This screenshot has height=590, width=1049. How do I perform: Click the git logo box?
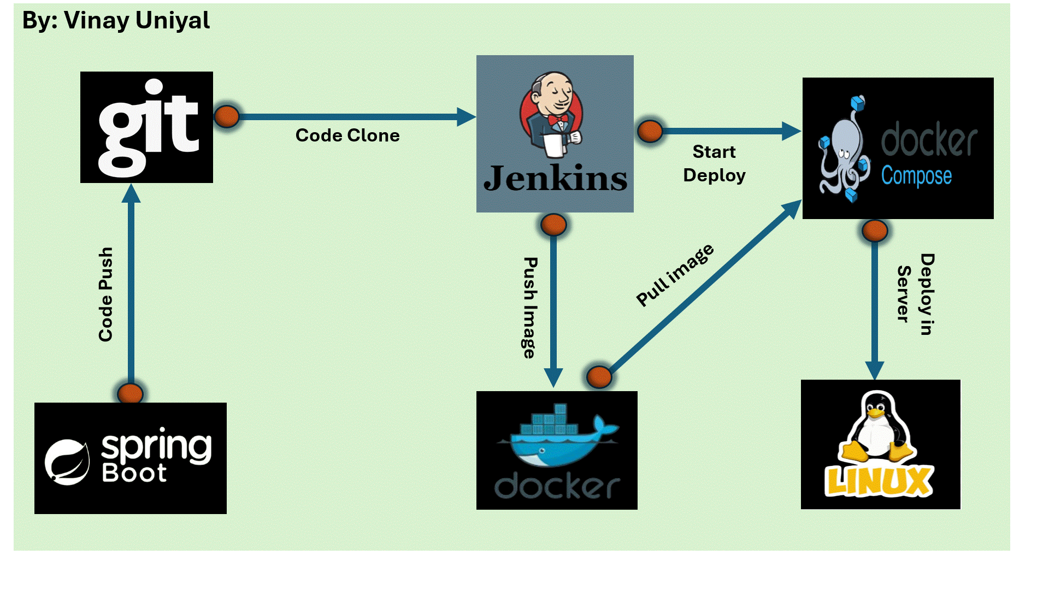[x=146, y=127]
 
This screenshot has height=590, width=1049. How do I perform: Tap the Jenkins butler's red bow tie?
[x=558, y=119]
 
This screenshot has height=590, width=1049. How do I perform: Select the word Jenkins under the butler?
[x=555, y=179]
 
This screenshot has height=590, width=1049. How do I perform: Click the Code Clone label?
[x=347, y=135]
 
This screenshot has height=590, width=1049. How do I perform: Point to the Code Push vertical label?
[x=105, y=294]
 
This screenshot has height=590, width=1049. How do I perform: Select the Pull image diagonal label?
[x=675, y=275]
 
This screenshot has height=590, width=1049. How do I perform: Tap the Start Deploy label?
[x=714, y=163]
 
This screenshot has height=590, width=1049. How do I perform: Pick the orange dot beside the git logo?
[x=226, y=116]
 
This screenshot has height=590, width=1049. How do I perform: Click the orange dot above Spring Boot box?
[x=130, y=393]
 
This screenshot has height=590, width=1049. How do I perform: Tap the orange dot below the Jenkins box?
[x=553, y=225]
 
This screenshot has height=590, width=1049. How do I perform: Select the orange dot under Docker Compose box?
[x=874, y=231]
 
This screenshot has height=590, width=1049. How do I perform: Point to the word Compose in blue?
[x=916, y=176]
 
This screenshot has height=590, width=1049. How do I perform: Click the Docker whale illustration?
[x=557, y=437]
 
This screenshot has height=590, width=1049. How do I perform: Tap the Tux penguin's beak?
[x=876, y=414]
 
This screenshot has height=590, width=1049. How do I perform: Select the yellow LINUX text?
[x=879, y=481]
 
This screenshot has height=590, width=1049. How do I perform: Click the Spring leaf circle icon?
[x=67, y=462]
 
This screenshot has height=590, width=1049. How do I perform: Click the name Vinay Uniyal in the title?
[x=137, y=21]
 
